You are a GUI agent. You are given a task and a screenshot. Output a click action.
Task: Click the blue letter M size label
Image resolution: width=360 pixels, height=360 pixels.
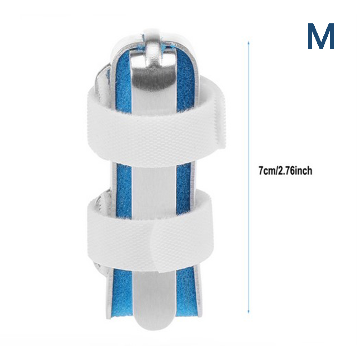pyautogui.click(x=320, y=36)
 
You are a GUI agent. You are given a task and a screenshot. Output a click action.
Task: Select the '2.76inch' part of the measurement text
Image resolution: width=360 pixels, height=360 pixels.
pyautogui.click(x=295, y=171)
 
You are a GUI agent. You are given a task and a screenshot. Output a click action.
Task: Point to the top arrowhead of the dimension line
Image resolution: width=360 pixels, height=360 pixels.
pyautogui.click(x=248, y=43)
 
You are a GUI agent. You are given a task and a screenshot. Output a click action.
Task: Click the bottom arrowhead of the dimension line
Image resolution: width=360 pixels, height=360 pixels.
pyautogui.click(x=248, y=311)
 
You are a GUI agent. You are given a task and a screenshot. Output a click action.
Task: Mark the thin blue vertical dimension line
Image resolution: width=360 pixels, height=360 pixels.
pyautogui.click(x=248, y=177)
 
